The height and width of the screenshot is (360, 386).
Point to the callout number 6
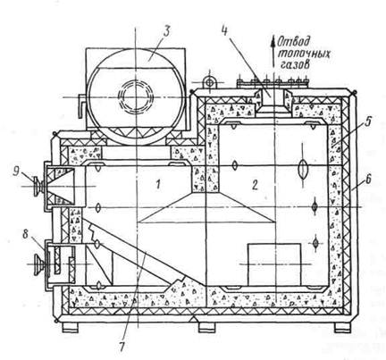click(x=368, y=178)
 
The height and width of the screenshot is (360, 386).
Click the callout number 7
click(x=122, y=347)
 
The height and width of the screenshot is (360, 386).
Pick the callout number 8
click(x=26, y=234)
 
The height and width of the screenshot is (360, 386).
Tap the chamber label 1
click(x=158, y=185)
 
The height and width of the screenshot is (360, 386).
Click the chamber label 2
click(x=255, y=185)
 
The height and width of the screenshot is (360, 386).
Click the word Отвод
click(x=294, y=42)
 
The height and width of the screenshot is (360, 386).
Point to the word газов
click(x=295, y=65)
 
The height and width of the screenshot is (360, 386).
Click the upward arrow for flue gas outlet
click(x=273, y=51)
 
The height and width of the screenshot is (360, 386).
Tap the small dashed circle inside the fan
click(x=136, y=96)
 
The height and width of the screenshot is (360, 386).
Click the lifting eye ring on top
click(x=210, y=82)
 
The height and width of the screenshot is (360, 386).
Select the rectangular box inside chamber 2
click(x=274, y=264)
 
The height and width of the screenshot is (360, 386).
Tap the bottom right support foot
click(x=343, y=328)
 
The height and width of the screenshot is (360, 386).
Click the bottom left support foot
click(x=71, y=328)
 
